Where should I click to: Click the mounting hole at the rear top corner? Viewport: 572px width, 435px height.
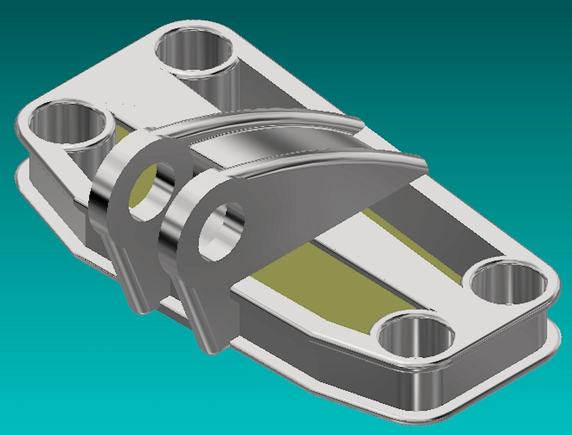195,51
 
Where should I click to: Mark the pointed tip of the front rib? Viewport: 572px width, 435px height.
422,167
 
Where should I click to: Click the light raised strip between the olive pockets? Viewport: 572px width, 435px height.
381,251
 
